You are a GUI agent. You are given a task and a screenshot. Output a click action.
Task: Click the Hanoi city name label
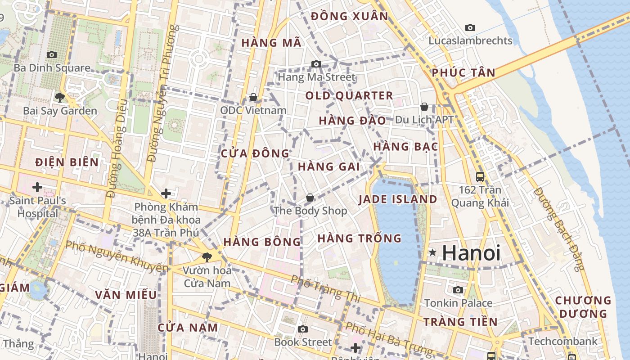click(x=471, y=253)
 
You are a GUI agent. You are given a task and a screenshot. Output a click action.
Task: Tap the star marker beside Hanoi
click(x=432, y=253)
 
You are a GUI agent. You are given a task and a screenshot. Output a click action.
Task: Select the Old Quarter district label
click(x=349, y=95)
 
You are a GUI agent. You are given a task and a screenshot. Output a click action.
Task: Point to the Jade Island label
click(x=398, y=199)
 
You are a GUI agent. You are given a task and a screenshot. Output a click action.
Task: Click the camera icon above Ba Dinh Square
click(x=52, y=54)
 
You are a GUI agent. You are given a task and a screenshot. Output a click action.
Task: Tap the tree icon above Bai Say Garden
click(x=59, y=97)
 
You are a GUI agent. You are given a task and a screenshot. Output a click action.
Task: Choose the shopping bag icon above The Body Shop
click(x=310, y=198)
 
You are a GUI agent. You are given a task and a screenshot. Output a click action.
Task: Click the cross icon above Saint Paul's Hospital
click(x=37, y=187)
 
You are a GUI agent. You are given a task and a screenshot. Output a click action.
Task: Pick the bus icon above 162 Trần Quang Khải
click(x=480, y=176)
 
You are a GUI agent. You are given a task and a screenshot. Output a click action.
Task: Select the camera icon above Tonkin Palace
click(x=458, y=290)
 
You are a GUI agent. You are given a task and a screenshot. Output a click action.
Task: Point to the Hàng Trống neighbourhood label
click(x=359, y=238)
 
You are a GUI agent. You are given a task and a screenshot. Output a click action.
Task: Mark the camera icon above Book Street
click(x=303, y=329)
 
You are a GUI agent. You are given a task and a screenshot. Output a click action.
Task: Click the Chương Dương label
click(x=583, y=306)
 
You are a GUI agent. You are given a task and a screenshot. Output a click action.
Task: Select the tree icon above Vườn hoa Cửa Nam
click(x=207, y=257)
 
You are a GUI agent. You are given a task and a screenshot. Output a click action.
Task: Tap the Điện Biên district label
click(x=67, y=162)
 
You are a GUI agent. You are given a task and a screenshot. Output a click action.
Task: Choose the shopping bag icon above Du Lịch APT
click(x=424, y=107)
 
